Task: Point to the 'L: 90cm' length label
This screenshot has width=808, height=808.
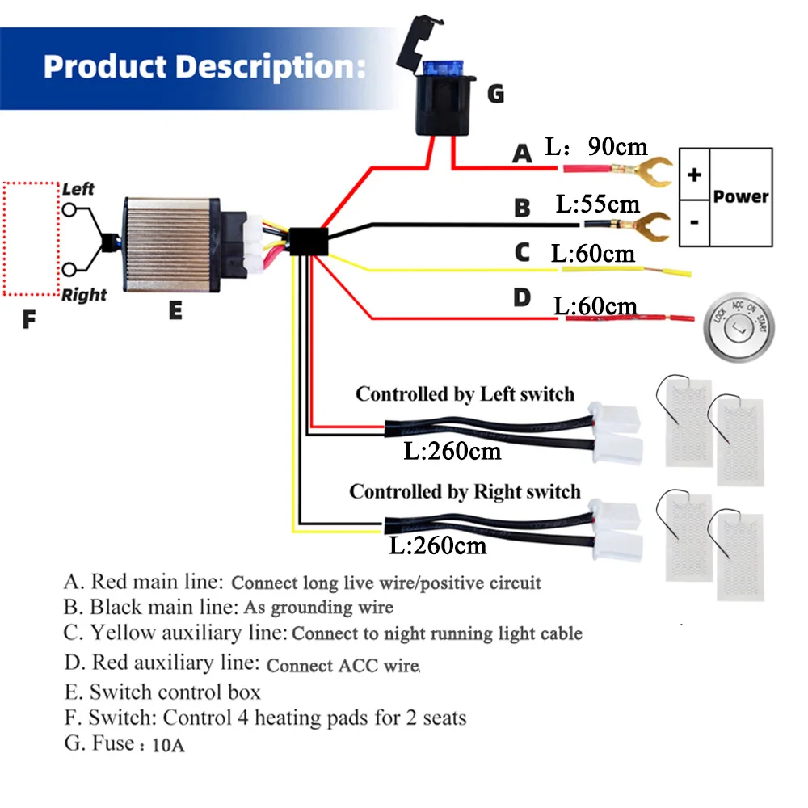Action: [596, 146]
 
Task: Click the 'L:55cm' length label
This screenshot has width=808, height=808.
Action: [597, 203]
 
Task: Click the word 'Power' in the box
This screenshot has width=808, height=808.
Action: [741, 196]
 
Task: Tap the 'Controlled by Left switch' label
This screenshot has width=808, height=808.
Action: [465, 394]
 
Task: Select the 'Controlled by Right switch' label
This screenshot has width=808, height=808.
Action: [465, 491]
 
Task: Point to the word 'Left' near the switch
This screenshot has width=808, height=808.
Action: [78, 189]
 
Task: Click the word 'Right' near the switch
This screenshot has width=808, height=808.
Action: [84, 295]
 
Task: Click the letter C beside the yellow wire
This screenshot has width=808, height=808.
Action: [522, 253]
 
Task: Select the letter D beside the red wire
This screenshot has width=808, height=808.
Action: [523, 297]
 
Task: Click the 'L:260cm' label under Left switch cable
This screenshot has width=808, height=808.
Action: [452, 451]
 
